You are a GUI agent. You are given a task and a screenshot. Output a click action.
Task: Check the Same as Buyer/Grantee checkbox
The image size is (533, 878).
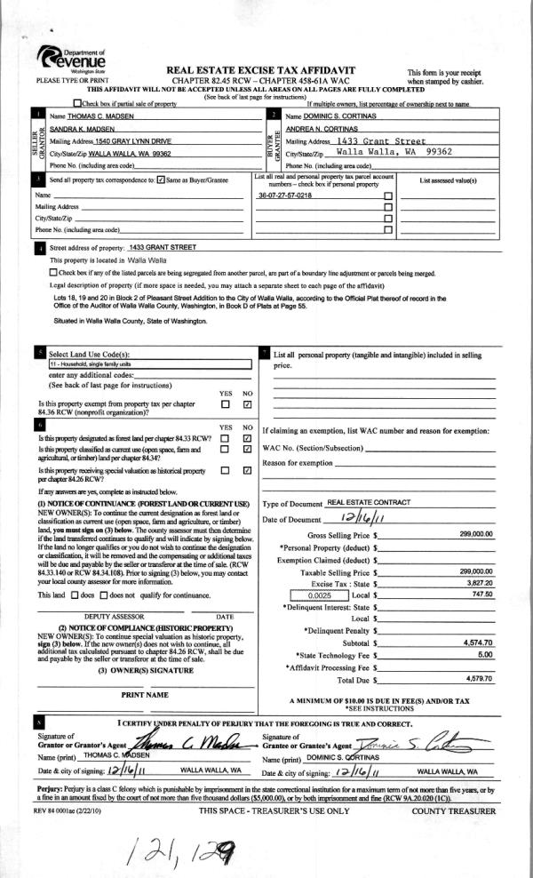pos(161,180)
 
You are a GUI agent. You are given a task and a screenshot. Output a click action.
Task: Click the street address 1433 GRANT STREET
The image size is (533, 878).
pos(163,247)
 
